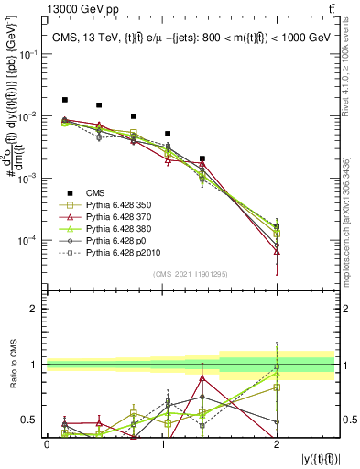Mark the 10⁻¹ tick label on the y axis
click(x=29, y=55)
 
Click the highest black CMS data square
click(x=64, y=100)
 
